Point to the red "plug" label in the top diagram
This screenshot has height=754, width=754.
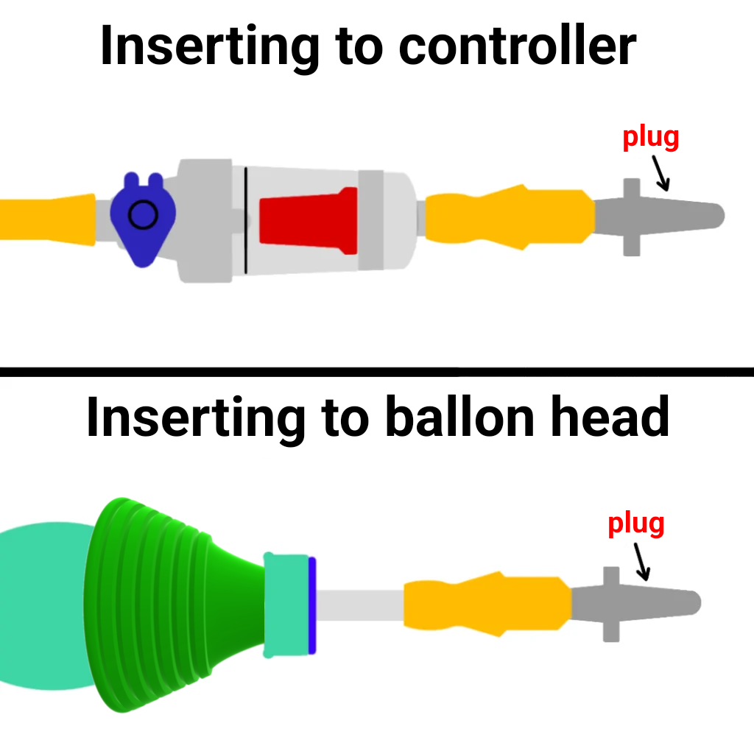651,138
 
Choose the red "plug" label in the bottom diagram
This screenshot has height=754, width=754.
636,524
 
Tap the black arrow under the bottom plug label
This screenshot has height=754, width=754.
641,560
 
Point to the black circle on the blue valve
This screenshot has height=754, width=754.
142,215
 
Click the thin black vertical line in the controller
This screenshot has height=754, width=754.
245,219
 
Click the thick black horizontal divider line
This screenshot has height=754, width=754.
377,373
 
